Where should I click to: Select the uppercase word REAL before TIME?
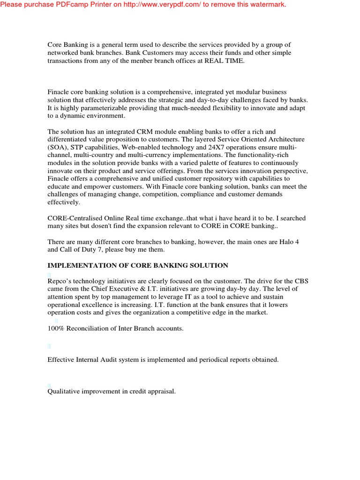(214, 61)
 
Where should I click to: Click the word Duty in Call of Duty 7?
(84, 250)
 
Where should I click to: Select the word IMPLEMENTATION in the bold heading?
(80, 265)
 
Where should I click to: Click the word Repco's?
(59, 281)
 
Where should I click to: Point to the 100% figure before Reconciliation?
(55, 329)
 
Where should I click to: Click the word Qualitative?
(65, 391)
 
